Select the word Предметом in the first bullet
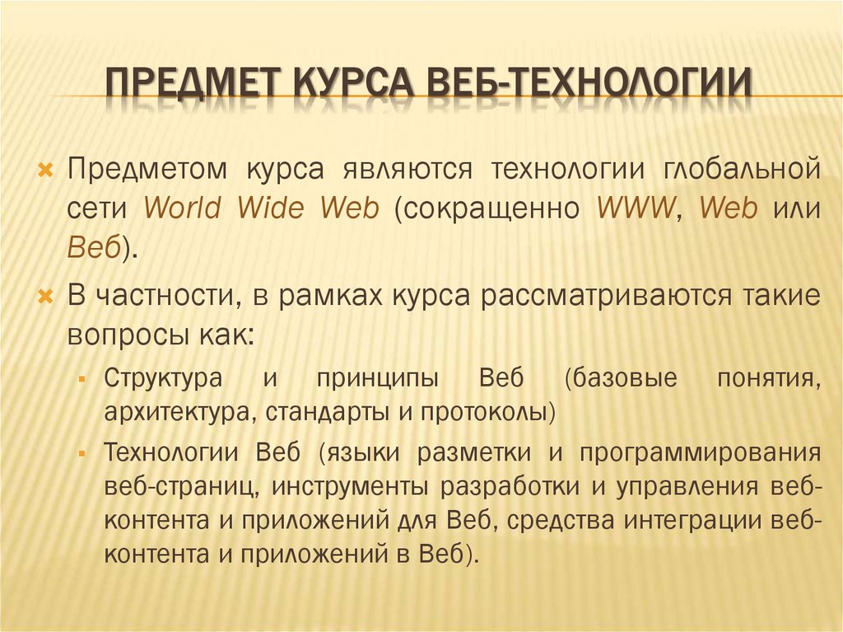point(147,169)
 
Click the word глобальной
point(741,169)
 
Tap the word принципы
point(380,380)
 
